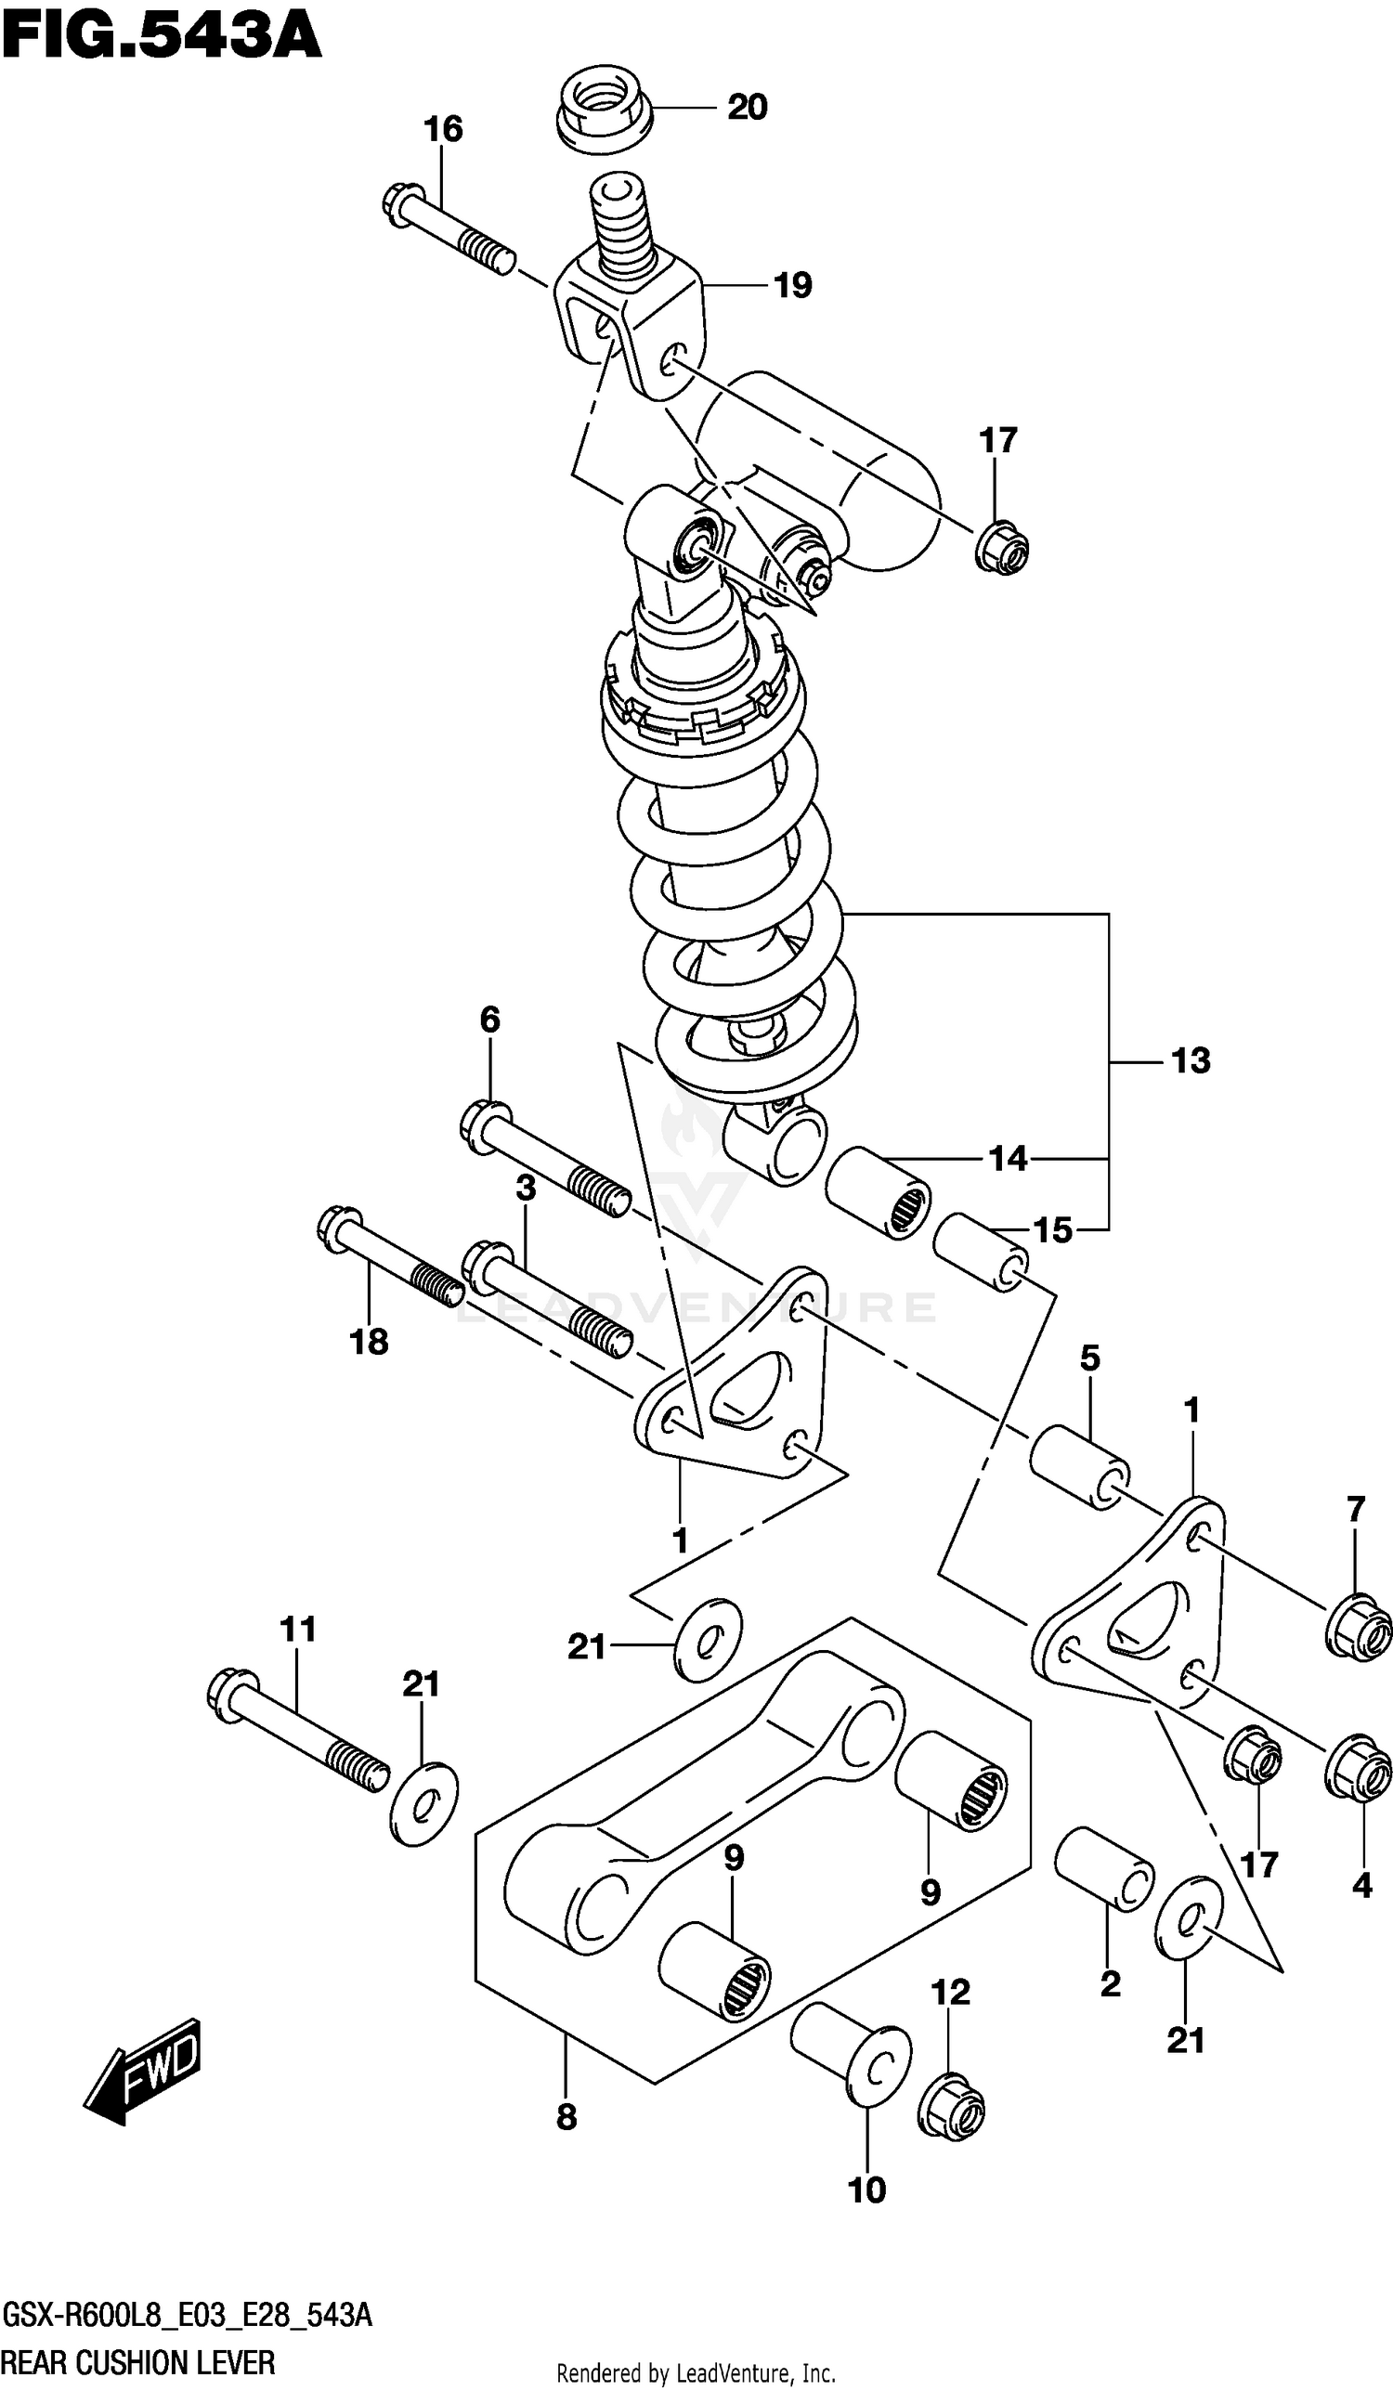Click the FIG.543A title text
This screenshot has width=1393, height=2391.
162,38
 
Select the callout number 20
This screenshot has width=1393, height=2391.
747,107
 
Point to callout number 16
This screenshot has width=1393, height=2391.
443,128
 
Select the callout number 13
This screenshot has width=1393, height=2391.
1190,1059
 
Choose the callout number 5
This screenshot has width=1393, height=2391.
1089,1358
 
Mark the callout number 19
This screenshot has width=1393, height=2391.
792,285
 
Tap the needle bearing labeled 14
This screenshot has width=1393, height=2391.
877,1192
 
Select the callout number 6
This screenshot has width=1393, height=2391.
488,1020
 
